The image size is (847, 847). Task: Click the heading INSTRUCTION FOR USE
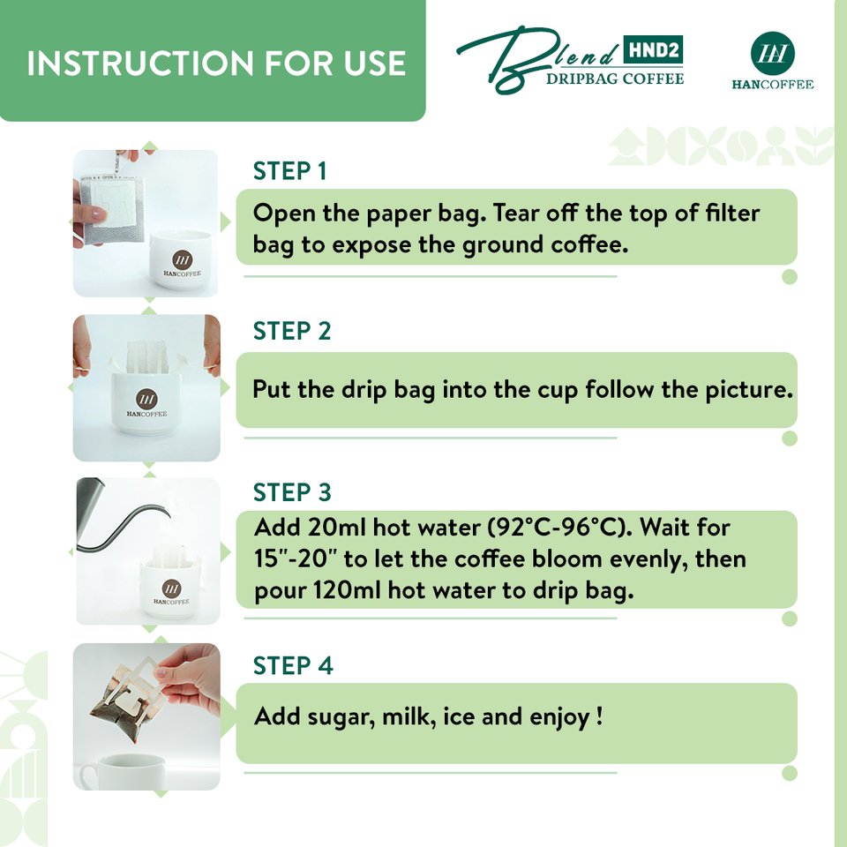pyautogui.click(x=216, y=64)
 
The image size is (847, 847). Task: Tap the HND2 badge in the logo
pyautogui.click(x=653, y=50)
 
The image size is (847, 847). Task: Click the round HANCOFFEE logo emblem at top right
pyautogui.click(x=773, y=54)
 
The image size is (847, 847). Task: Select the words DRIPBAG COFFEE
pyautogui.click(x=615, y=79)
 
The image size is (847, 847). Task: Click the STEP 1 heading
pyautogui.click(x=289, y=171)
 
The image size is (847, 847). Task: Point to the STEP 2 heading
pyautogui.click(x=292, y=331)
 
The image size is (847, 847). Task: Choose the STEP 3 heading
pyautogui.click(x=292, y=492)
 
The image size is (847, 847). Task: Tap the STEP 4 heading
pyautogui.click(x=293, y=665)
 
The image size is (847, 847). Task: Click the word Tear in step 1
pyautogui.click(x=516, y=213)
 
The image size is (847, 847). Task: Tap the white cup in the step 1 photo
pyautogui.click(x=180, y=260)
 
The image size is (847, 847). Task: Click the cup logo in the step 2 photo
pyautogui.click(x=147, y=400)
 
